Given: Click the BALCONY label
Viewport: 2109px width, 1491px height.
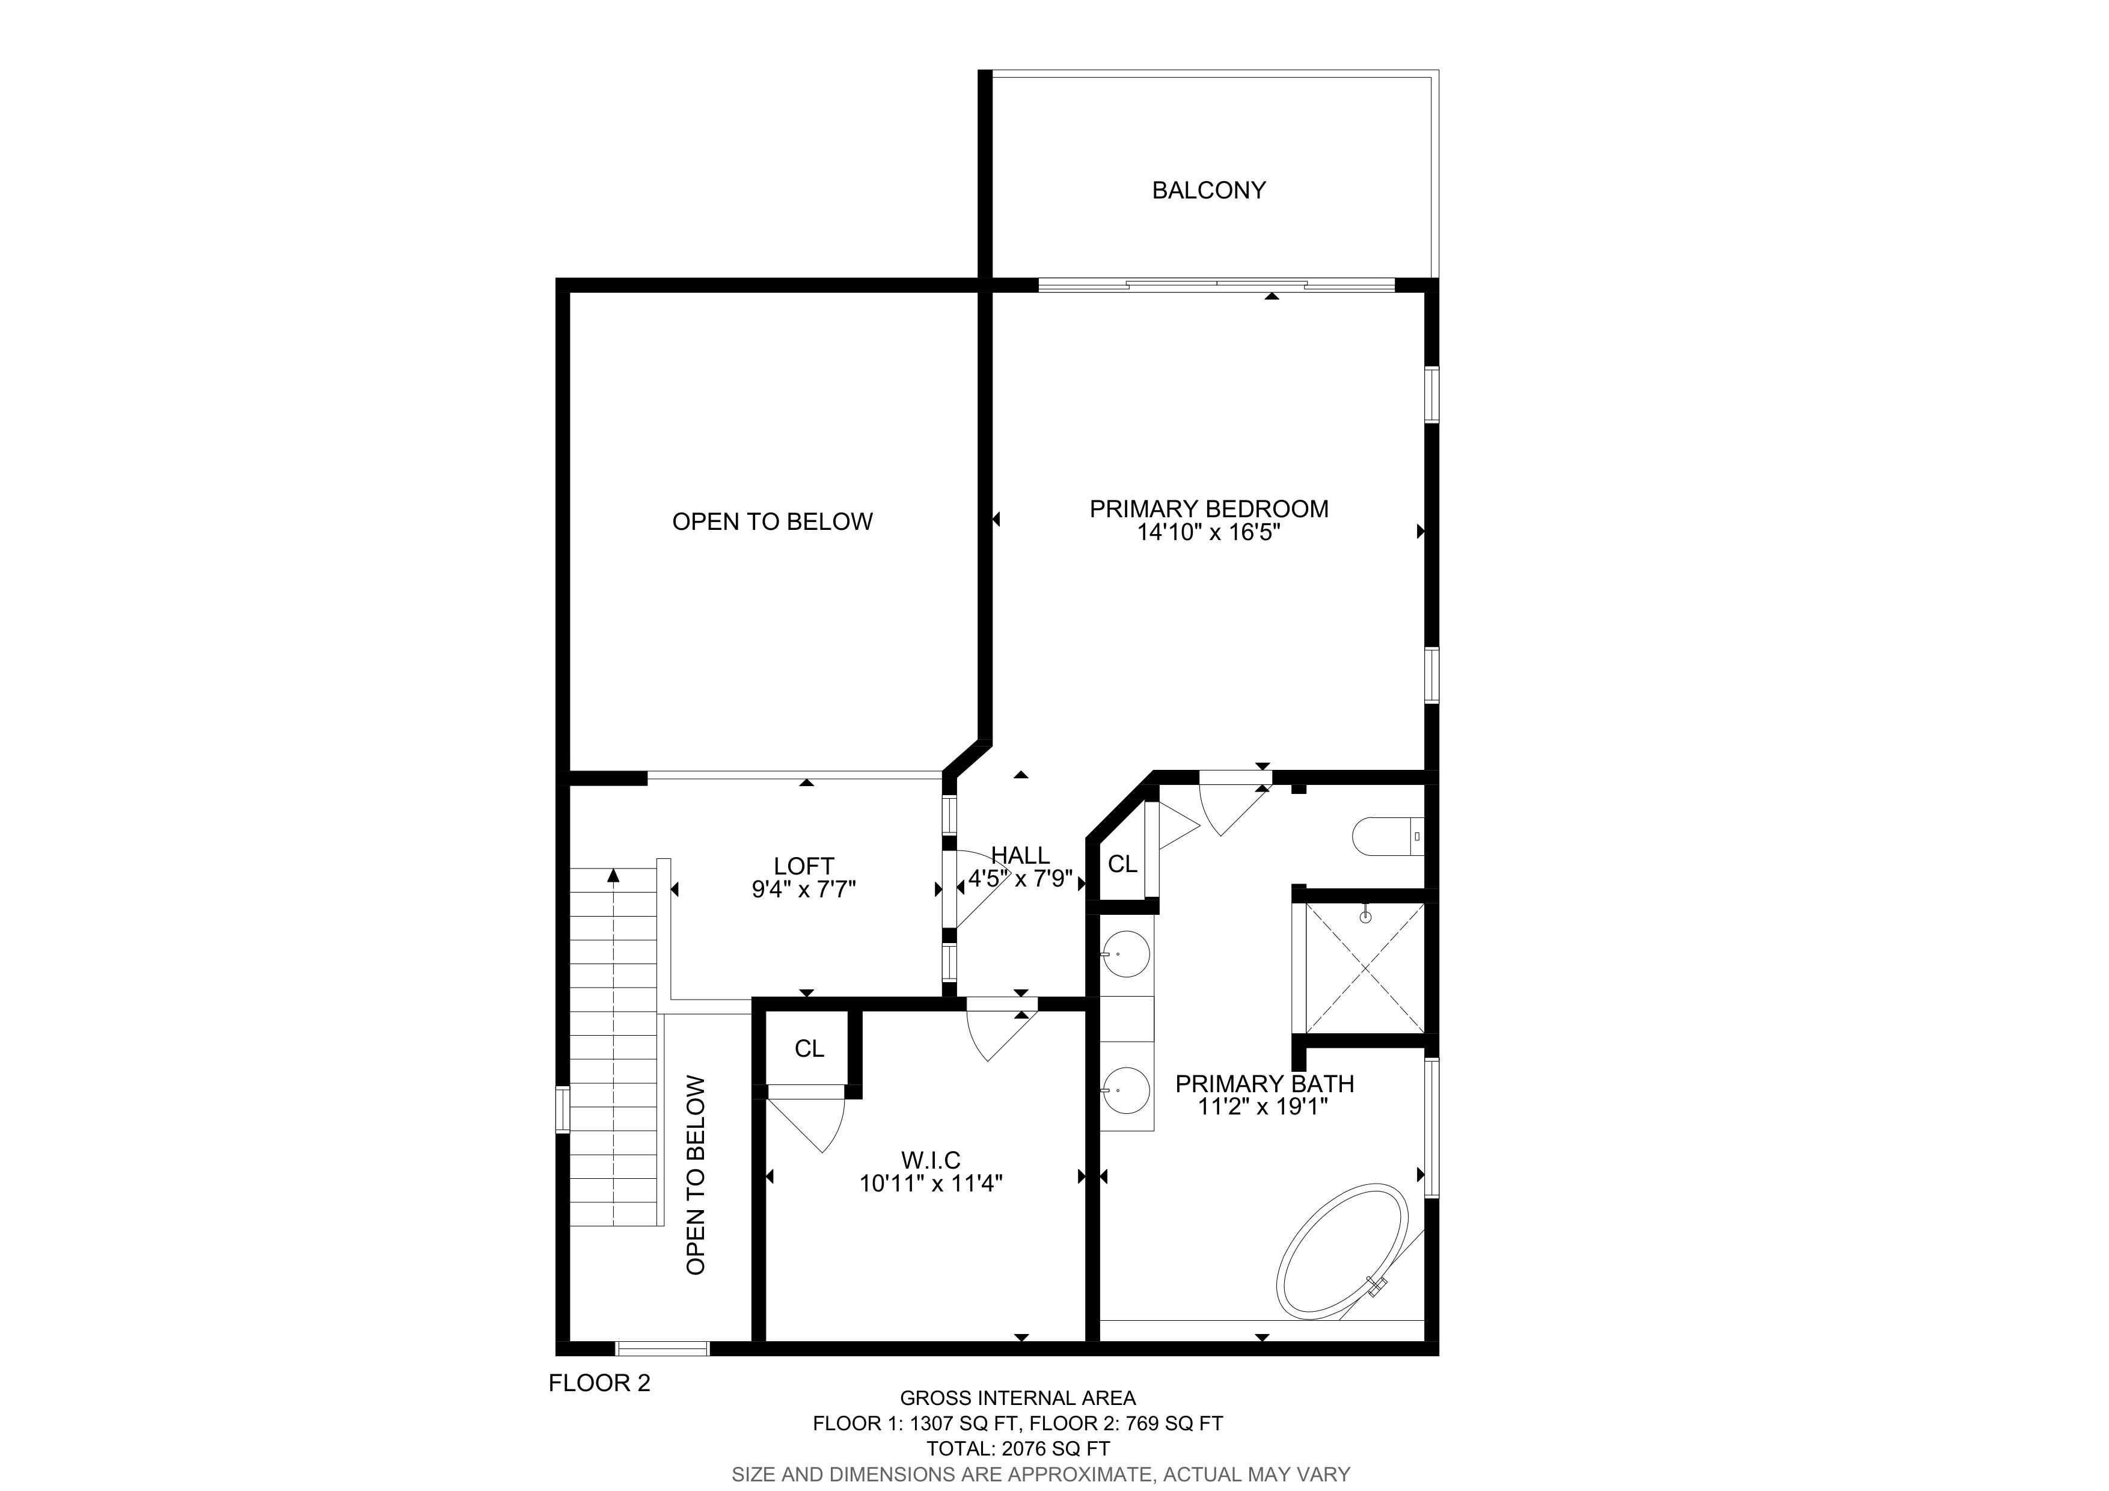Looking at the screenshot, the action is click(1209, 190).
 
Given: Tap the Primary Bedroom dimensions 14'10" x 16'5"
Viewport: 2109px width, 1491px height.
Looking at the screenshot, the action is click(1209, 533).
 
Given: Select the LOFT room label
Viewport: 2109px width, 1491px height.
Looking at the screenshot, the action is click(804, 866).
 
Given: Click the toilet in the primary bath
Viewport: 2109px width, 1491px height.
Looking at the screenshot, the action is click(1388, 836).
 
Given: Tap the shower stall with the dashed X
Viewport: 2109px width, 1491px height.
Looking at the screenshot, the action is click(1365, 967).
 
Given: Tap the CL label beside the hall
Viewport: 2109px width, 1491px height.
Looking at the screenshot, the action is click(1122, 864).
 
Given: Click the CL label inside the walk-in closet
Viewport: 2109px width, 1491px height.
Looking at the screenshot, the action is click(809, 1048).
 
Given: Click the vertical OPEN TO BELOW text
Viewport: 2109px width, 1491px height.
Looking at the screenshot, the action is click(696, 1175).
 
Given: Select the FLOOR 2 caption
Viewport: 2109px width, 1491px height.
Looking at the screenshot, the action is click(599, 1383).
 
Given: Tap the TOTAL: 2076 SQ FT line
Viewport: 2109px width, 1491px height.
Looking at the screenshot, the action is click(1018, 1449).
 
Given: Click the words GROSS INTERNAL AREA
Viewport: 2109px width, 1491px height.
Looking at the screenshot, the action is click(1018, 1398).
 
